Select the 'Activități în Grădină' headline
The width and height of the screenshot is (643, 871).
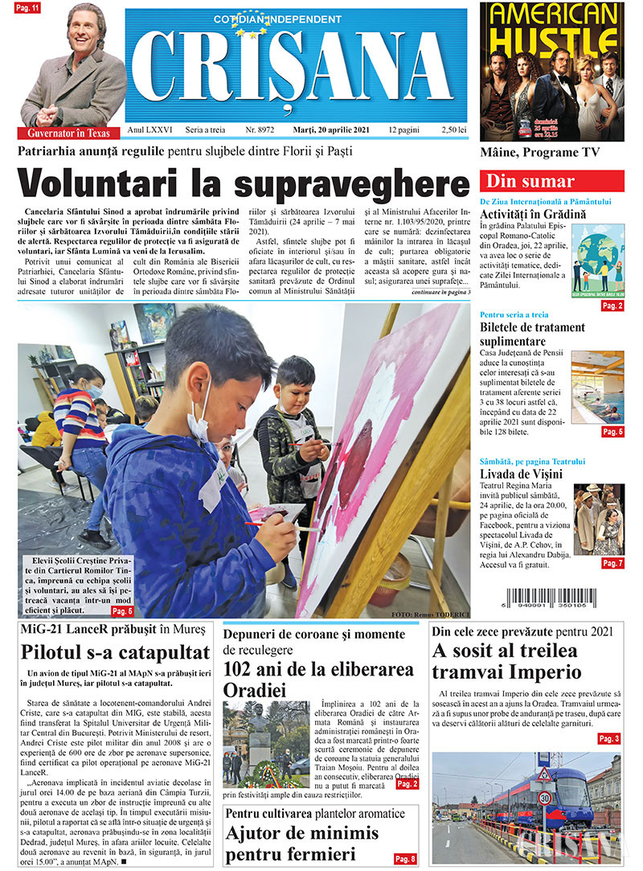pos(533,215)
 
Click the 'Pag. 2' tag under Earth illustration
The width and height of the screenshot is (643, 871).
pos(612,306)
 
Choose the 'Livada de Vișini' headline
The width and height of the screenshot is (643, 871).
pos(521,474)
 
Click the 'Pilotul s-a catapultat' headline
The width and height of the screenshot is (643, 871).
pos(117,651)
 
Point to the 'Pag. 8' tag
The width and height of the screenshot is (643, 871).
pos(405,858)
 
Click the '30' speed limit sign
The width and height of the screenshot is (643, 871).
pos(545,798)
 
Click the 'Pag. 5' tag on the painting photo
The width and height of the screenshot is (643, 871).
pos(122,611)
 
